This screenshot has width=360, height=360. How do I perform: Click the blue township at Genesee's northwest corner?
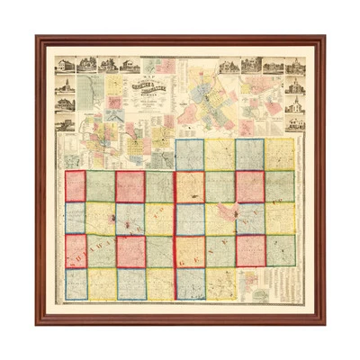[x=189, y=154]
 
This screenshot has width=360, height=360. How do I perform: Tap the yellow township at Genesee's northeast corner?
[x=279, y=154]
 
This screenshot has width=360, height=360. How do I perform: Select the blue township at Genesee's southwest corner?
[x=189, y=283]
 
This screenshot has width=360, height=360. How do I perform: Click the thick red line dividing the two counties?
[x=174, y=225]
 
